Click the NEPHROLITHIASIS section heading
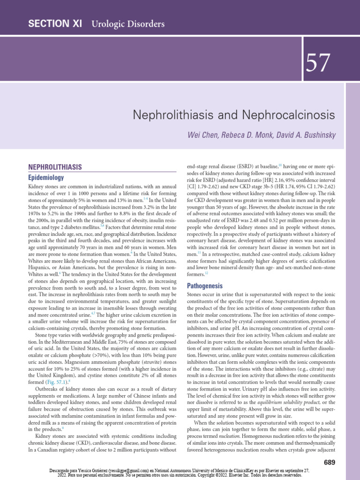tap(55, 167)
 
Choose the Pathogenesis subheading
tap(205, 285)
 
